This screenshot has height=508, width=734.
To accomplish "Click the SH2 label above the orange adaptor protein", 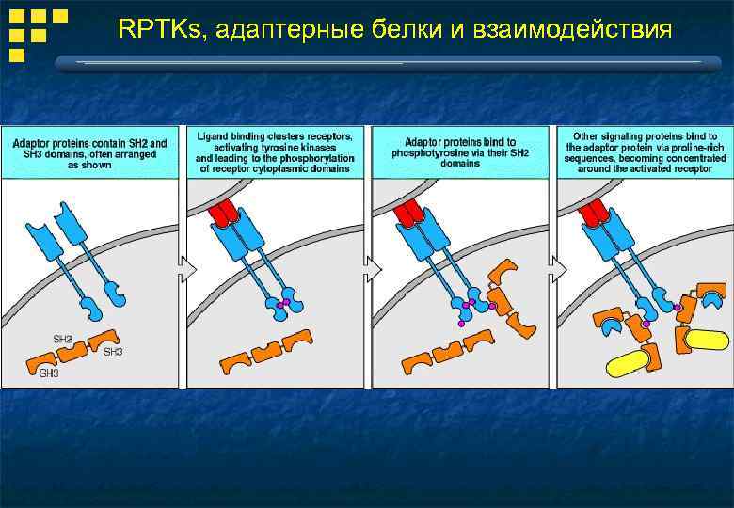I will pyautogui.click(x=61, y=338).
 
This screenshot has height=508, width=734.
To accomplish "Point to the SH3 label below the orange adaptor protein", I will pyautogui.click(x=49, y=373).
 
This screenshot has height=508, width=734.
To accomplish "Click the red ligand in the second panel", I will pyautogui.click(x=225, y=214).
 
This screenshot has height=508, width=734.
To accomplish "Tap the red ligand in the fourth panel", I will pyautogui.click(x=595, y=214).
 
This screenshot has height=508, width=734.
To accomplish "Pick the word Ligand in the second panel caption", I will pyautogui.click(x=213, y=136).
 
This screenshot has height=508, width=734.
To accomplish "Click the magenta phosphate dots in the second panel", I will pyautogui.click(x=280, y=305).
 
